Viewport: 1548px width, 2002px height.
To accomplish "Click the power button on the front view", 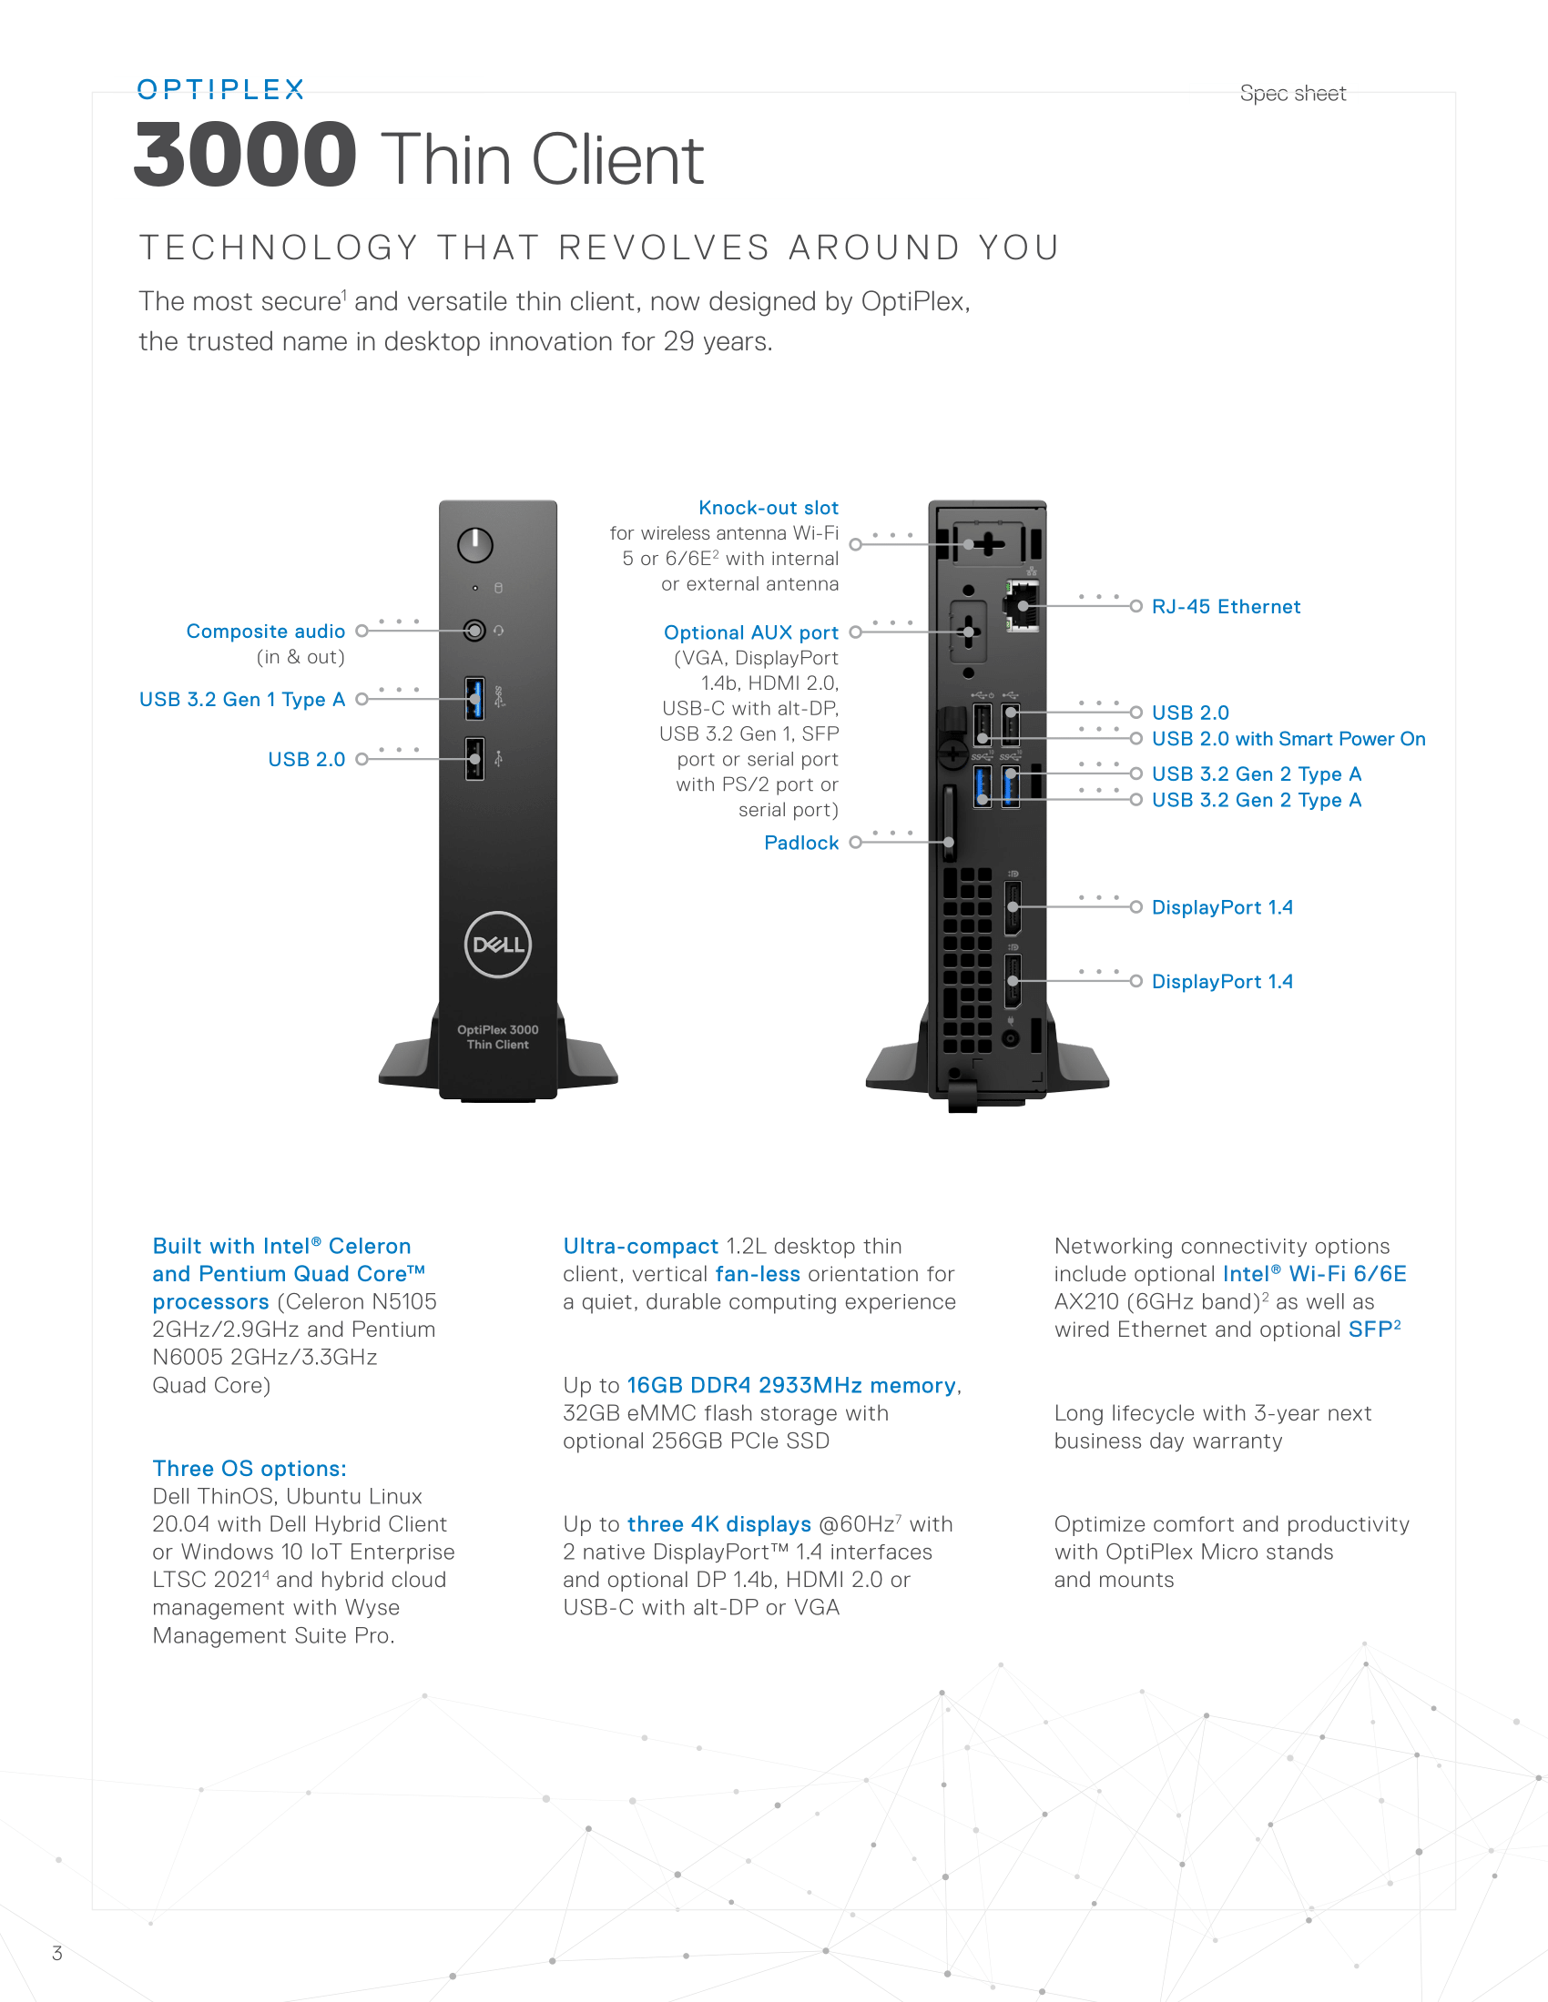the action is coord(475,545).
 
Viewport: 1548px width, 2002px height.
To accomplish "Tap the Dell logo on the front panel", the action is coord(498,945).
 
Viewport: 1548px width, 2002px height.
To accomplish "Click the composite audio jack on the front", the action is coord(474,631).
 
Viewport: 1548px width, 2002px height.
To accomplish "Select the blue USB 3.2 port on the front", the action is coord(474,699).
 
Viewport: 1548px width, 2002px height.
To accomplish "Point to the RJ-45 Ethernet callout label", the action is coord(1227,607).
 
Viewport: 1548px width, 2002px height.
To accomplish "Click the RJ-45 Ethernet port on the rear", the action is coord(1023,605).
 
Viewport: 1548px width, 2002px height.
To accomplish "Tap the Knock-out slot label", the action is coord(769,508).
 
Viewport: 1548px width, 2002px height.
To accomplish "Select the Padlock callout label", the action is coord(801,843).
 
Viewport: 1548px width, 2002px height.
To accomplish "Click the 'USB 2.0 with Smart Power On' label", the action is coord(1288,739).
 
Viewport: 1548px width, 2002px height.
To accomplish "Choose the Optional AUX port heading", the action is coord(751,632).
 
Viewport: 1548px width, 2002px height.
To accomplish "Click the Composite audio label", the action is coord(266,631).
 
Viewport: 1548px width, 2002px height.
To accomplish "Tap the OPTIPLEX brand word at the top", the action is coord(220,89).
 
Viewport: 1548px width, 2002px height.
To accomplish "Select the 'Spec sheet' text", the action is coord(1293,94).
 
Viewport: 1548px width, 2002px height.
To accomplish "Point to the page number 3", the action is coord(56,1954).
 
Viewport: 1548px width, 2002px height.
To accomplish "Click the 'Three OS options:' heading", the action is coord(250,1469).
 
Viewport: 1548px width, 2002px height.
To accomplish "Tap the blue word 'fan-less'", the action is coord(758,1274).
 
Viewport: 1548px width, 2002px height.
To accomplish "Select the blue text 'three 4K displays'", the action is coord(719,1524).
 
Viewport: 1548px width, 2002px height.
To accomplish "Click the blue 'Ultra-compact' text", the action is coord(641,1247).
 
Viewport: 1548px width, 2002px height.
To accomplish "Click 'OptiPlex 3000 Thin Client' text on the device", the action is coord(498,1036).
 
